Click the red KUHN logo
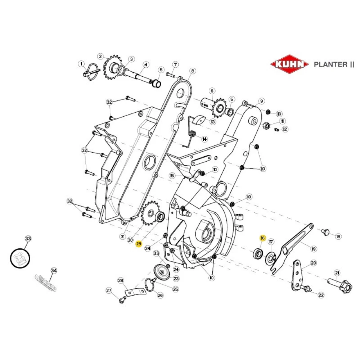tap(289, 64)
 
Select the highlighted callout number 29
tap(139, 244)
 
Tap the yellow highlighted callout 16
tap(262, 238)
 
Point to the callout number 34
tap(54, 270)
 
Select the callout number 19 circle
tap(313, 248)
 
